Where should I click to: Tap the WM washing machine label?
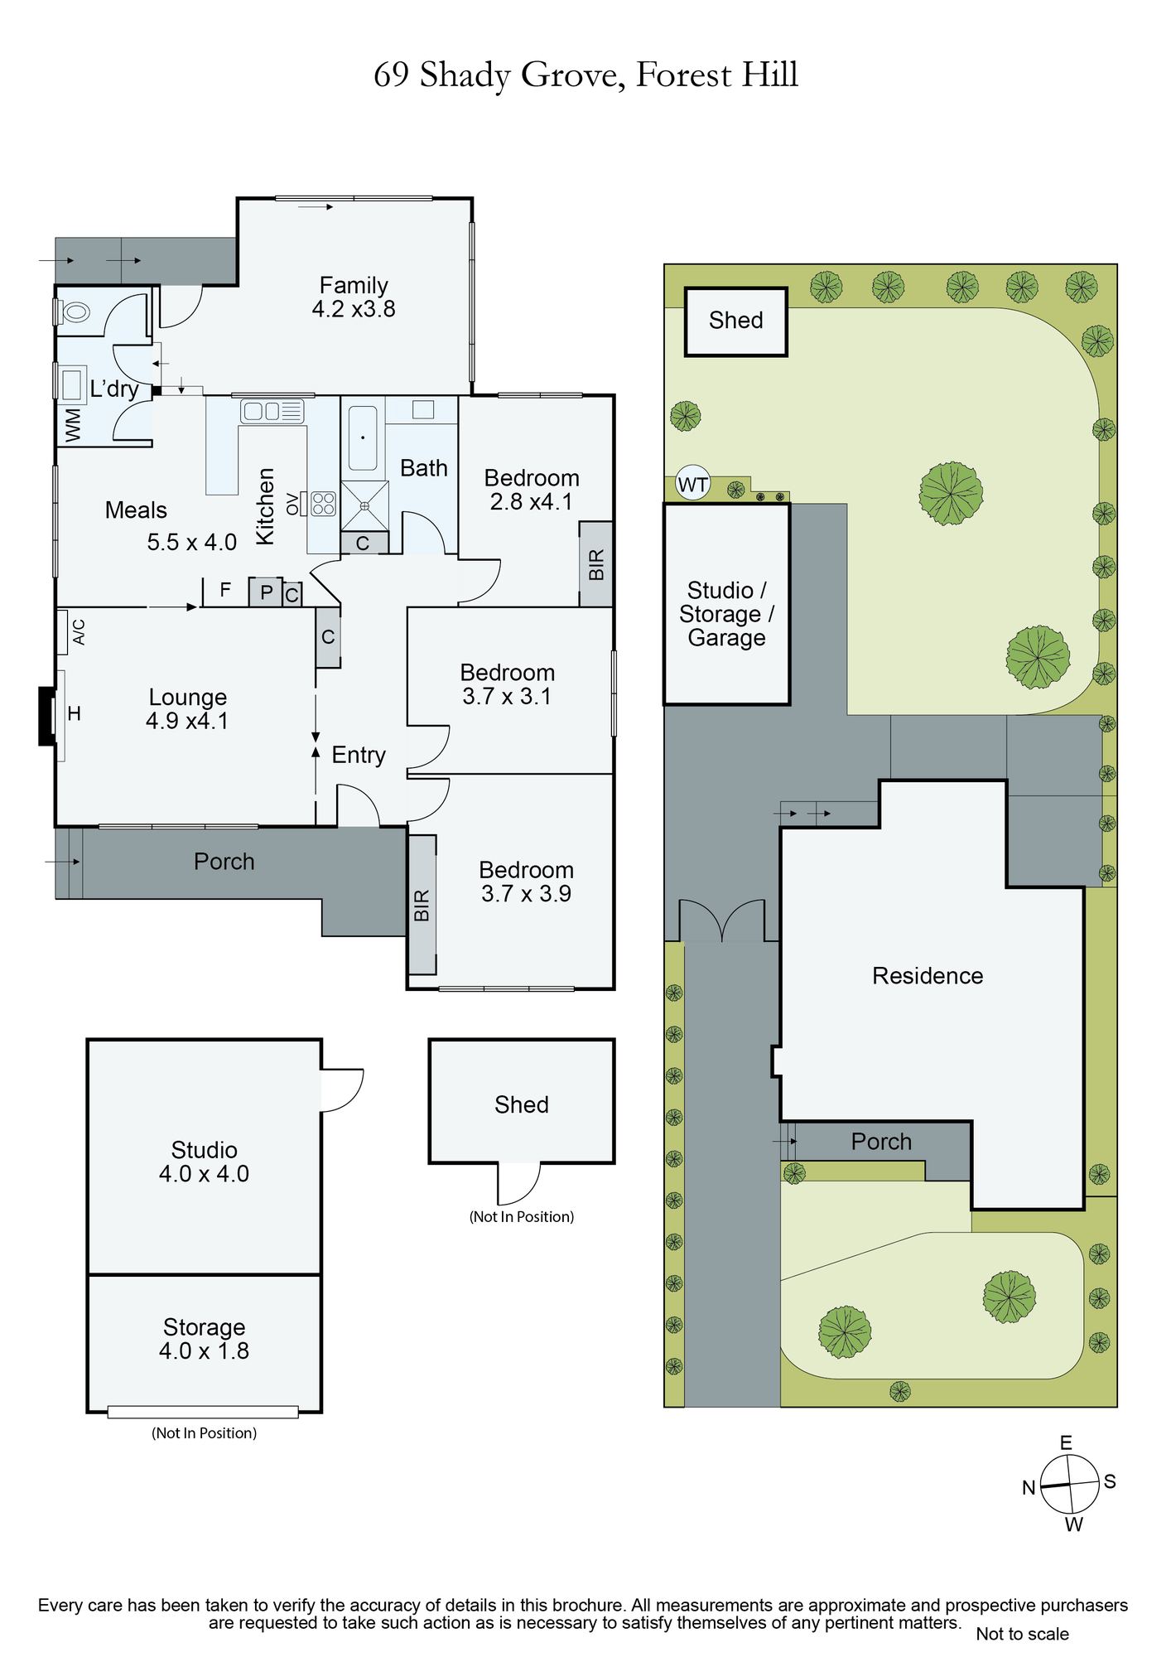[x=74, y=425]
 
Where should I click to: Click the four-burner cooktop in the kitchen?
[x=323, y=503]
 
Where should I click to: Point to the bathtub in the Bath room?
[x=363, y=437]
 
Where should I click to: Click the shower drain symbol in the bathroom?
[x=364, y=505]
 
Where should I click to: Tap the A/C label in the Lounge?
[x=79, y=632]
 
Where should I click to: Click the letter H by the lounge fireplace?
[x=75, y=713]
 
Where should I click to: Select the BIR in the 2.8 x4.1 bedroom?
[x=596, y=564]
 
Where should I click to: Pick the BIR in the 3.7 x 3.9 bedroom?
[x=422, y=905]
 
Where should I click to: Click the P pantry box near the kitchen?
[x=266, y=592]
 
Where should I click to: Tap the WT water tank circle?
[x=692, y=484]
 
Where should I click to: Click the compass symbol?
[x=1069, y=1485]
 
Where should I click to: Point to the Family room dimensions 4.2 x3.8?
[x=354, y=309]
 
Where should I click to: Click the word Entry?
[x=359, y=755]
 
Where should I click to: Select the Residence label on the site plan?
[x=928, y=976]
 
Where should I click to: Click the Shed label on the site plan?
[x=735, y=321]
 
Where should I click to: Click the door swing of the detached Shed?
[x=519, y=1183]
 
